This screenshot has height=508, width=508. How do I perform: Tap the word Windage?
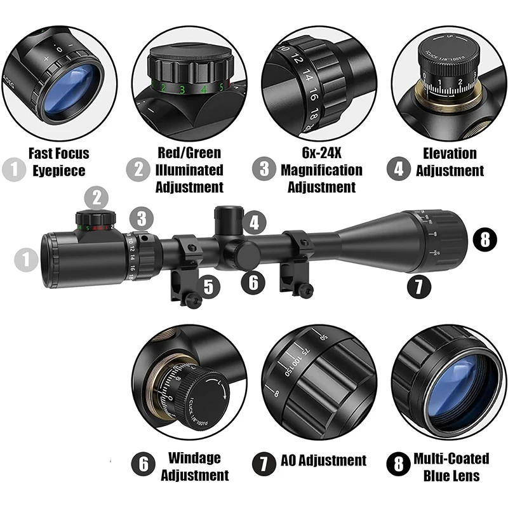pos(194,458)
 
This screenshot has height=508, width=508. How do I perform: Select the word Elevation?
pos(450,154)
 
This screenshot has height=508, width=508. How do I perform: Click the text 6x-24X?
pos(321,154)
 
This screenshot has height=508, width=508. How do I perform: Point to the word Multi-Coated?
pos(451,458)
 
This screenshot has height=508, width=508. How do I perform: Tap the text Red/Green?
pos(190,154)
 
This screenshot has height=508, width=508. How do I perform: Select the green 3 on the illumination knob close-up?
pos(182,90)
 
